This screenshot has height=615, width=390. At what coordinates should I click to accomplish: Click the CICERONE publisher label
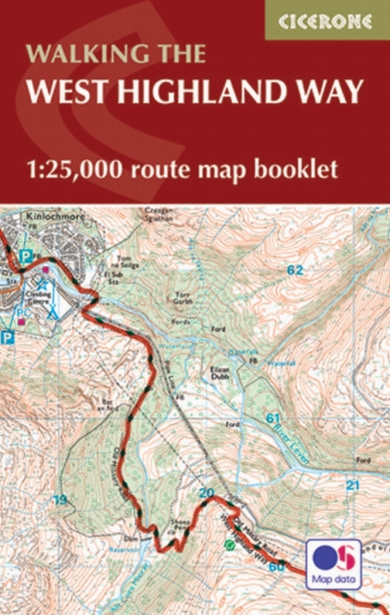[x=327, y=21]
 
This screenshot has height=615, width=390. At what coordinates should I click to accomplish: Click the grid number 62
[x=294, y=269]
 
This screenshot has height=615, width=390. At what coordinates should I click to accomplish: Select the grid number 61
[x=273, y=417]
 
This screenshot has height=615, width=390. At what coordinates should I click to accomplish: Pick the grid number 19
[x=59, y=499]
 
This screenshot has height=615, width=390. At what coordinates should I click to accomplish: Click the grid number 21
[x=352, y=486]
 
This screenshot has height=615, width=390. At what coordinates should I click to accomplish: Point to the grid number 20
[x=206, y=492]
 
